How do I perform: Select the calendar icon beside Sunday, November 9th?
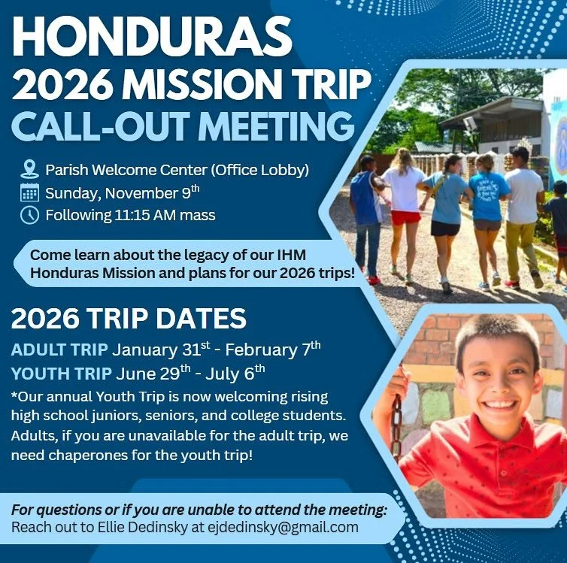(x=29, y=192)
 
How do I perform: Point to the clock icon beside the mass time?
(x=29, y=216)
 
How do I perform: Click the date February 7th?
(x=282, y=350)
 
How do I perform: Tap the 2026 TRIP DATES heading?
(x=129, y=319)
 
